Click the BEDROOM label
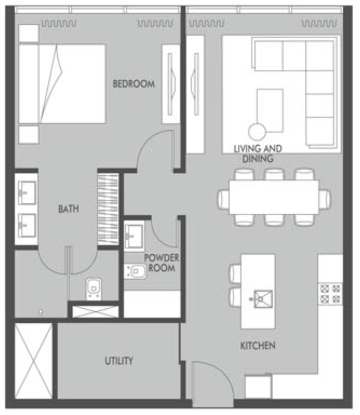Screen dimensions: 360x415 [134, 84]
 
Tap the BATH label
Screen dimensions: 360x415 [68, 209]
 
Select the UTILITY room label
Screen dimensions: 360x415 [119, 360]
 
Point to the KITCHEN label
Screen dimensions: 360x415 [258, 345]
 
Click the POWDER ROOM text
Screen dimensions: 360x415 [162, 263]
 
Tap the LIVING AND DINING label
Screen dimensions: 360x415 [258, 154]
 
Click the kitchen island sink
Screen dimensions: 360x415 [263, 299]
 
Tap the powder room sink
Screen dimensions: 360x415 [134, 236]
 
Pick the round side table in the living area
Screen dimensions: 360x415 [257, 132]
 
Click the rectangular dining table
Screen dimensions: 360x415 [274, 197]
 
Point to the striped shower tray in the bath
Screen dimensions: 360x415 [108, 209]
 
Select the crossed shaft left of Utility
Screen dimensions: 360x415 [34, 361]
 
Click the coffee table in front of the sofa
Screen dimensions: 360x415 [270, 110]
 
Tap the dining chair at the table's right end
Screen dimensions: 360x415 [325, 199]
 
